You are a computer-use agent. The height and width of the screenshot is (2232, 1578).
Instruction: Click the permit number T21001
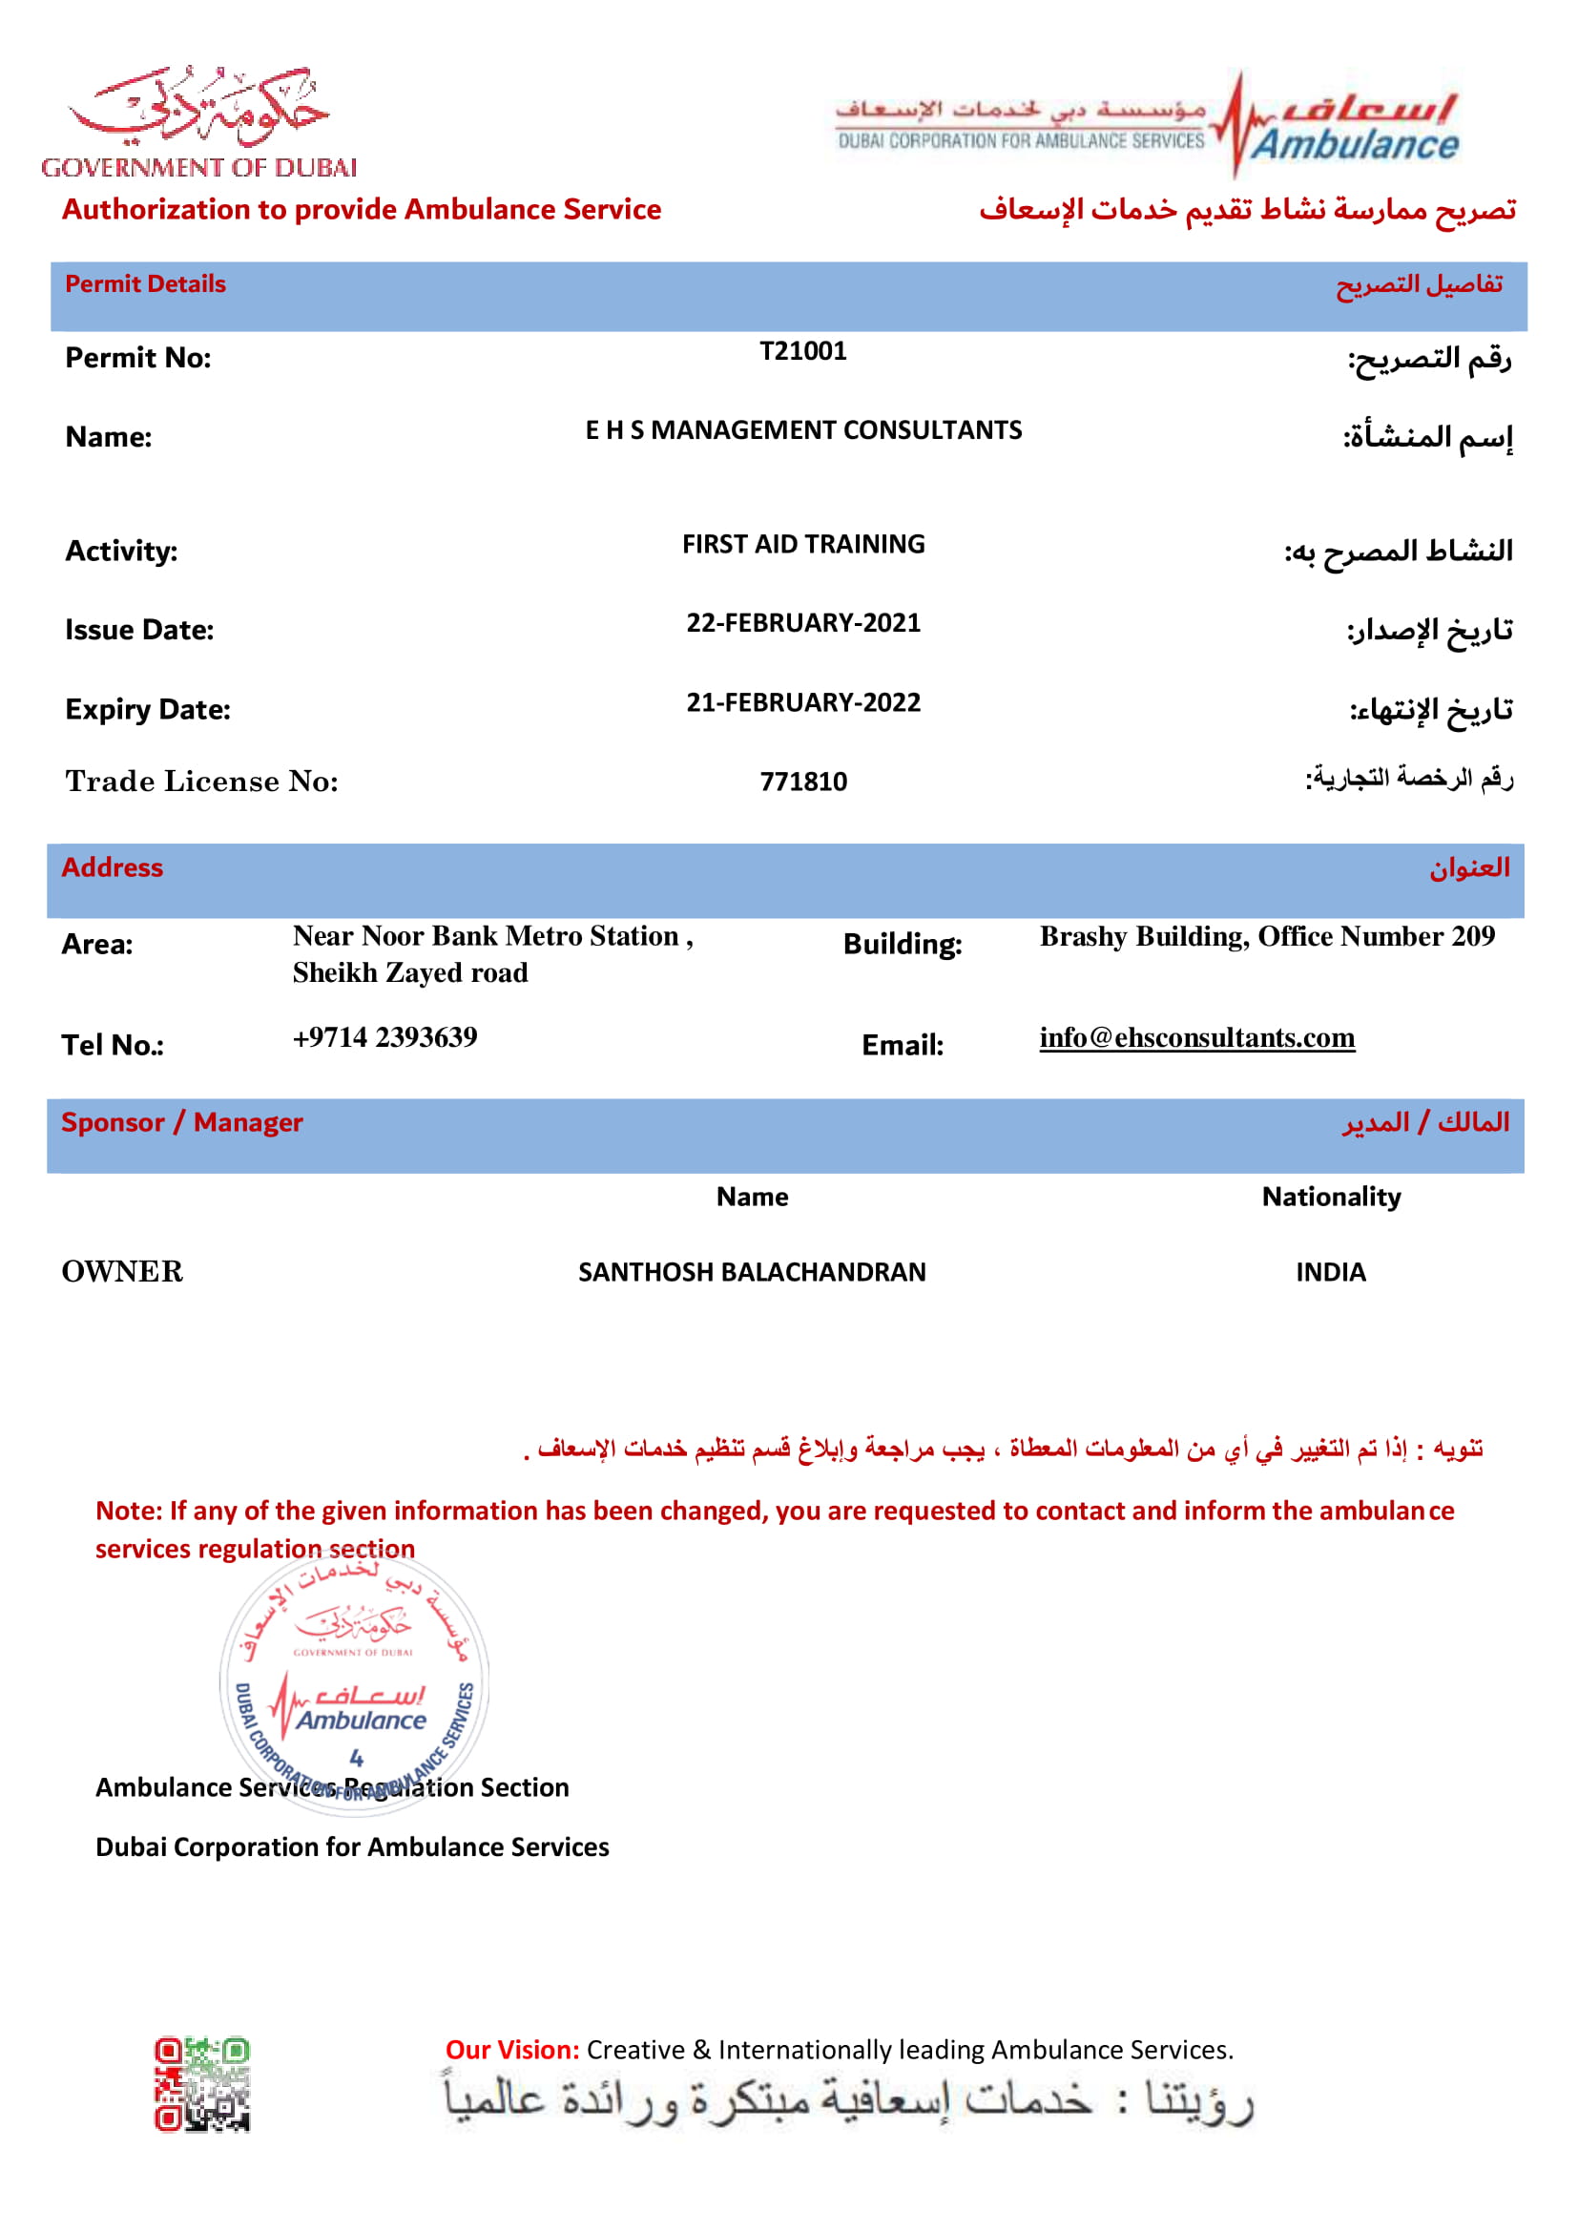click(x=802, y=351)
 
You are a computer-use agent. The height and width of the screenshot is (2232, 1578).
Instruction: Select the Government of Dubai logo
click(x=199, y=122)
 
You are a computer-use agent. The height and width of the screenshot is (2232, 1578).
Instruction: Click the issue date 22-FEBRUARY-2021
click(x=802, y=623)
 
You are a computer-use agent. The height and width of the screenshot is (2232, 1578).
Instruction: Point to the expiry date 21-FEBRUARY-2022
click(x=802, y=703)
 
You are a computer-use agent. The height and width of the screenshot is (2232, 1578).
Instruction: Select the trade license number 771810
click(x=802, y=782)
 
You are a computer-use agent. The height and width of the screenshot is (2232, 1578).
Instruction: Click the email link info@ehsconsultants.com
click(x=1196, y=1038)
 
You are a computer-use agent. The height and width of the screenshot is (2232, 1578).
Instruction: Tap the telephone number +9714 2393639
click(x=384, y=1037)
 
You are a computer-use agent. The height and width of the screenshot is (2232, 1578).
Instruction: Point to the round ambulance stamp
click(x=355, y=1683)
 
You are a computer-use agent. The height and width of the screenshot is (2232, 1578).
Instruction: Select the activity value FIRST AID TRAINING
click(x=802, y=544)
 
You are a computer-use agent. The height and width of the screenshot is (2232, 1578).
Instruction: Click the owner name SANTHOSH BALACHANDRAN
click(x=752, y=1273)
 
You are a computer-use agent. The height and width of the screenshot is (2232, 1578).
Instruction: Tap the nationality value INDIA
click(x=1330, y=1273)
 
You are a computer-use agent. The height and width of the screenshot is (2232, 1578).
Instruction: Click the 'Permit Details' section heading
click(x=146, y=283)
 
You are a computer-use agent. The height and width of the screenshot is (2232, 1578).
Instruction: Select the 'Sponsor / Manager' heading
click(x=181, y=1123)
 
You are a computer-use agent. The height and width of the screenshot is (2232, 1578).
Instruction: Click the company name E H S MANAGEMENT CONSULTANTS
click(x=802, y=430)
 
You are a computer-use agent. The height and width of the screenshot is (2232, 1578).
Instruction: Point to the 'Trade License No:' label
click(x=202, y=782)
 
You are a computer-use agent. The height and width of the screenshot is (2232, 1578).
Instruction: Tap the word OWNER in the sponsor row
click(x=122, y=1271)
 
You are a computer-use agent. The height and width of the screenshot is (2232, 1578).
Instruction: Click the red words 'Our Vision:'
click(x=512, y=2049)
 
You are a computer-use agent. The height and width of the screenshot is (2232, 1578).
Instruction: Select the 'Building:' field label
click(x=902, y=944)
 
